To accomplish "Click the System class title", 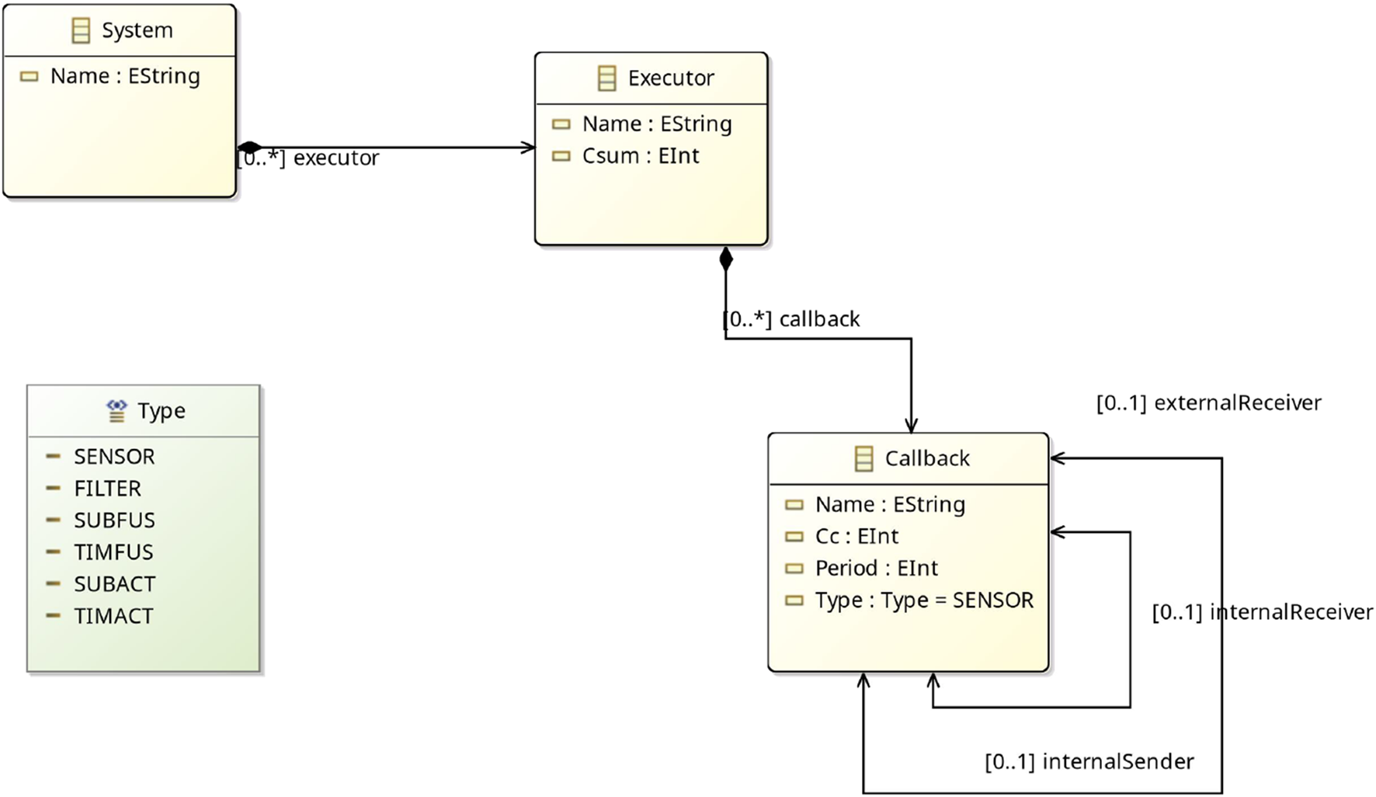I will click(x=137, y=30).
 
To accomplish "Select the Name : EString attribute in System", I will click(x=124, y=76).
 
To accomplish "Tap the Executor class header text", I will click(x=670, y=78).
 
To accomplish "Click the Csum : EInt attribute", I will click(x=640, y=156).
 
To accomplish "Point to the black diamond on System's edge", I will click(x=249, y=147).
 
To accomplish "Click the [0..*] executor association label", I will click(x=308, y=158).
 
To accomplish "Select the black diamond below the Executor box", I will click(x=725, y=259).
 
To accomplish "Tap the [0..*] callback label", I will click(x=791, y=319).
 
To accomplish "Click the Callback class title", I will click(x=926, y=458).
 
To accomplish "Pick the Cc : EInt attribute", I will click(x=856, y=537).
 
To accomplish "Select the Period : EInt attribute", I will click(x=876, y=569).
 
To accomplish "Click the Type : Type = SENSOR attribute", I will click(x=923, y=600).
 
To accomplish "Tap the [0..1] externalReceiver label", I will click(x=1208, y=403).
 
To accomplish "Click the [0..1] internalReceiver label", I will click(x=1262, y=612).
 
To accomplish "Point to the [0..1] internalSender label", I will click(x=1089, y=762).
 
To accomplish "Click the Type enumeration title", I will click(x=161, y=411).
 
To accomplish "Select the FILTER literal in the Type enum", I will click(x=107, y=489).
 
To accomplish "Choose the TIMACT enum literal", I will click(x=113, y=616).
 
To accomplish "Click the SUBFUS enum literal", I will click(x=114, y=520).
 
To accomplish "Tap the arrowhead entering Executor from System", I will click(x=529, y=147).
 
